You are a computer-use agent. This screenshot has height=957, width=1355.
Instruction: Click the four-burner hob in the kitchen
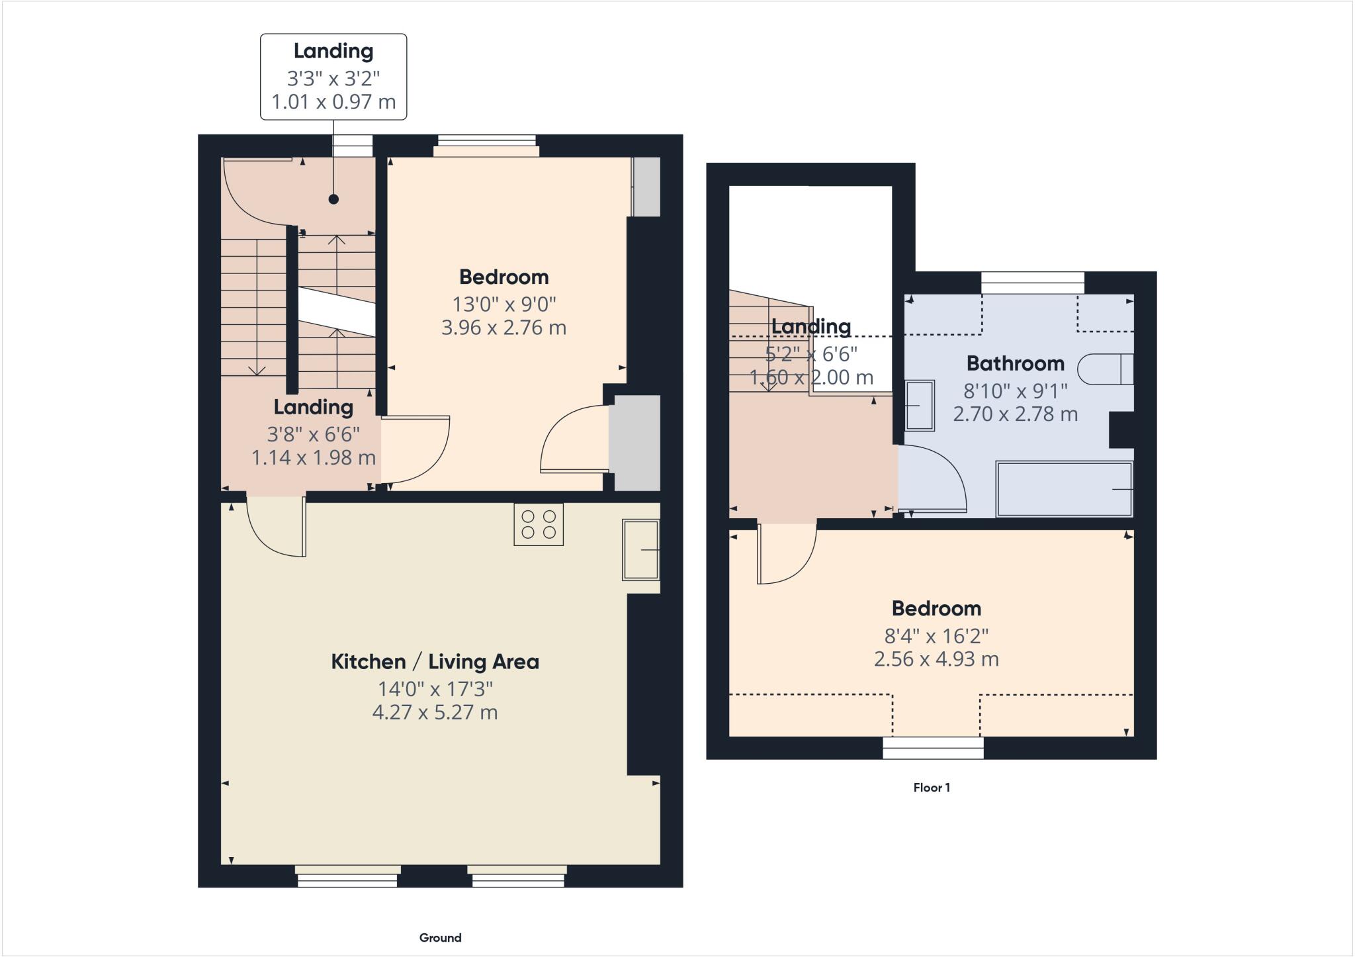click(x=539, y=524)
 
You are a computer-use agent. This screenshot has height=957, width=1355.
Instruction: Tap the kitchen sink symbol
click(x=640, y=550)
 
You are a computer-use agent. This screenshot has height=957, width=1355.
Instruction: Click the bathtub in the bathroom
click(x=1064, y=489)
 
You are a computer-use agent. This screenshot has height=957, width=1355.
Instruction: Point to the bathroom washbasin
click(x=919, y=405)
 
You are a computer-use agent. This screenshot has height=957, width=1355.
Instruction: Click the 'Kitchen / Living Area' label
click(x=435, y=661)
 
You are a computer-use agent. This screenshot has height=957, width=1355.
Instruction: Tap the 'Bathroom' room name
click(x=1015, y=363)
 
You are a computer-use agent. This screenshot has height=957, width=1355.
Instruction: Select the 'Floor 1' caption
click(x=932, y=788)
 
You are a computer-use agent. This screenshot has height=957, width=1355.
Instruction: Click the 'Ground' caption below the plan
click(x=440, y=938)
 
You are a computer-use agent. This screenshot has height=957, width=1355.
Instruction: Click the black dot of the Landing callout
click(x=333, y=199)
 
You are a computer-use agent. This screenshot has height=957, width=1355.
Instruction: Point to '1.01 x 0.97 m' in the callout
click(x=333, y=102)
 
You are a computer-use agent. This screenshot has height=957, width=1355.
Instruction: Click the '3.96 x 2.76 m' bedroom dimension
click(x=503, y=328)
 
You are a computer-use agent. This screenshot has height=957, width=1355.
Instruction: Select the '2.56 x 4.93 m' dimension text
click(x=936, y=659)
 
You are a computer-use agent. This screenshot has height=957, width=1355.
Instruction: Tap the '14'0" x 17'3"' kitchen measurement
click(x=435, y=689)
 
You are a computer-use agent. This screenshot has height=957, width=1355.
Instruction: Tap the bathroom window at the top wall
click(x=1033, y=283)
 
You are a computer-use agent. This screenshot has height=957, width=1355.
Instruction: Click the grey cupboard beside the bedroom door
click(x=634, y=443)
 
